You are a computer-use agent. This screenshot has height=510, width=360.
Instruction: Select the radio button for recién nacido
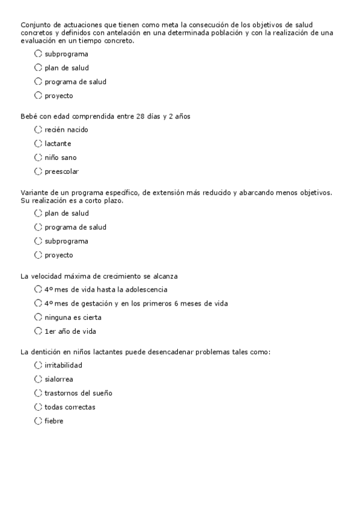(x=38, y=130)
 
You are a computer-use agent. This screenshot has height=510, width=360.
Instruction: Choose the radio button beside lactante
(x=38, y=144)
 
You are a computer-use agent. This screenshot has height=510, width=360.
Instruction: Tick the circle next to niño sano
(x=38, y=158)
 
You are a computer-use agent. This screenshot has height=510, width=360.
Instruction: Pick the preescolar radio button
(x=38, y=171)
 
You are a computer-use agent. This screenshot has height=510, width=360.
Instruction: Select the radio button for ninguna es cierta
(x=38, y=318)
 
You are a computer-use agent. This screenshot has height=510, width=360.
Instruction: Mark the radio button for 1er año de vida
(x=38, y=331)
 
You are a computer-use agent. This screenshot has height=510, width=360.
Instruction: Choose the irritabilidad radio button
(x=38, y=365)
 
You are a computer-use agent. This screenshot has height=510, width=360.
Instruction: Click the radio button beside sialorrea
(x=38, y=379)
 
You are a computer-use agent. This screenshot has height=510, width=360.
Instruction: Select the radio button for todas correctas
(x=38, y=407)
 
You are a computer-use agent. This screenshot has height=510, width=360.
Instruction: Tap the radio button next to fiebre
(x=38, y=421)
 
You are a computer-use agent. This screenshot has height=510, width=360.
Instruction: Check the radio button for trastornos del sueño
(x=38, y=393)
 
